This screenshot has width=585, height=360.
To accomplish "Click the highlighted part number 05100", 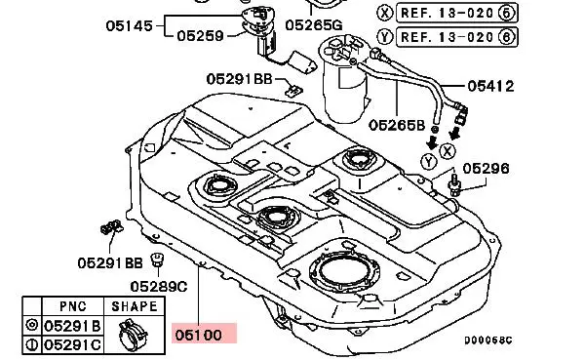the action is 198,335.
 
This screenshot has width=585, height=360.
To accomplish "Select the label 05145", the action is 129,25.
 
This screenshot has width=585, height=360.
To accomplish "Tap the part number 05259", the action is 200,36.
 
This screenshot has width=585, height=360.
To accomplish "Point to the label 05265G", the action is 313,25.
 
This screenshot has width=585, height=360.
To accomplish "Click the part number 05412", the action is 490,86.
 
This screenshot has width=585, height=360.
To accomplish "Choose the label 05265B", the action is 397,125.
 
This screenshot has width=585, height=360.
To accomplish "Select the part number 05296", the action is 486,169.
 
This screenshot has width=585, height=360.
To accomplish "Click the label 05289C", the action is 159,287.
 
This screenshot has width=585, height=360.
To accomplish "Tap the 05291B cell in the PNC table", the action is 72,326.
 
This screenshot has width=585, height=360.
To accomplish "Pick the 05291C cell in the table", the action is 72,344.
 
